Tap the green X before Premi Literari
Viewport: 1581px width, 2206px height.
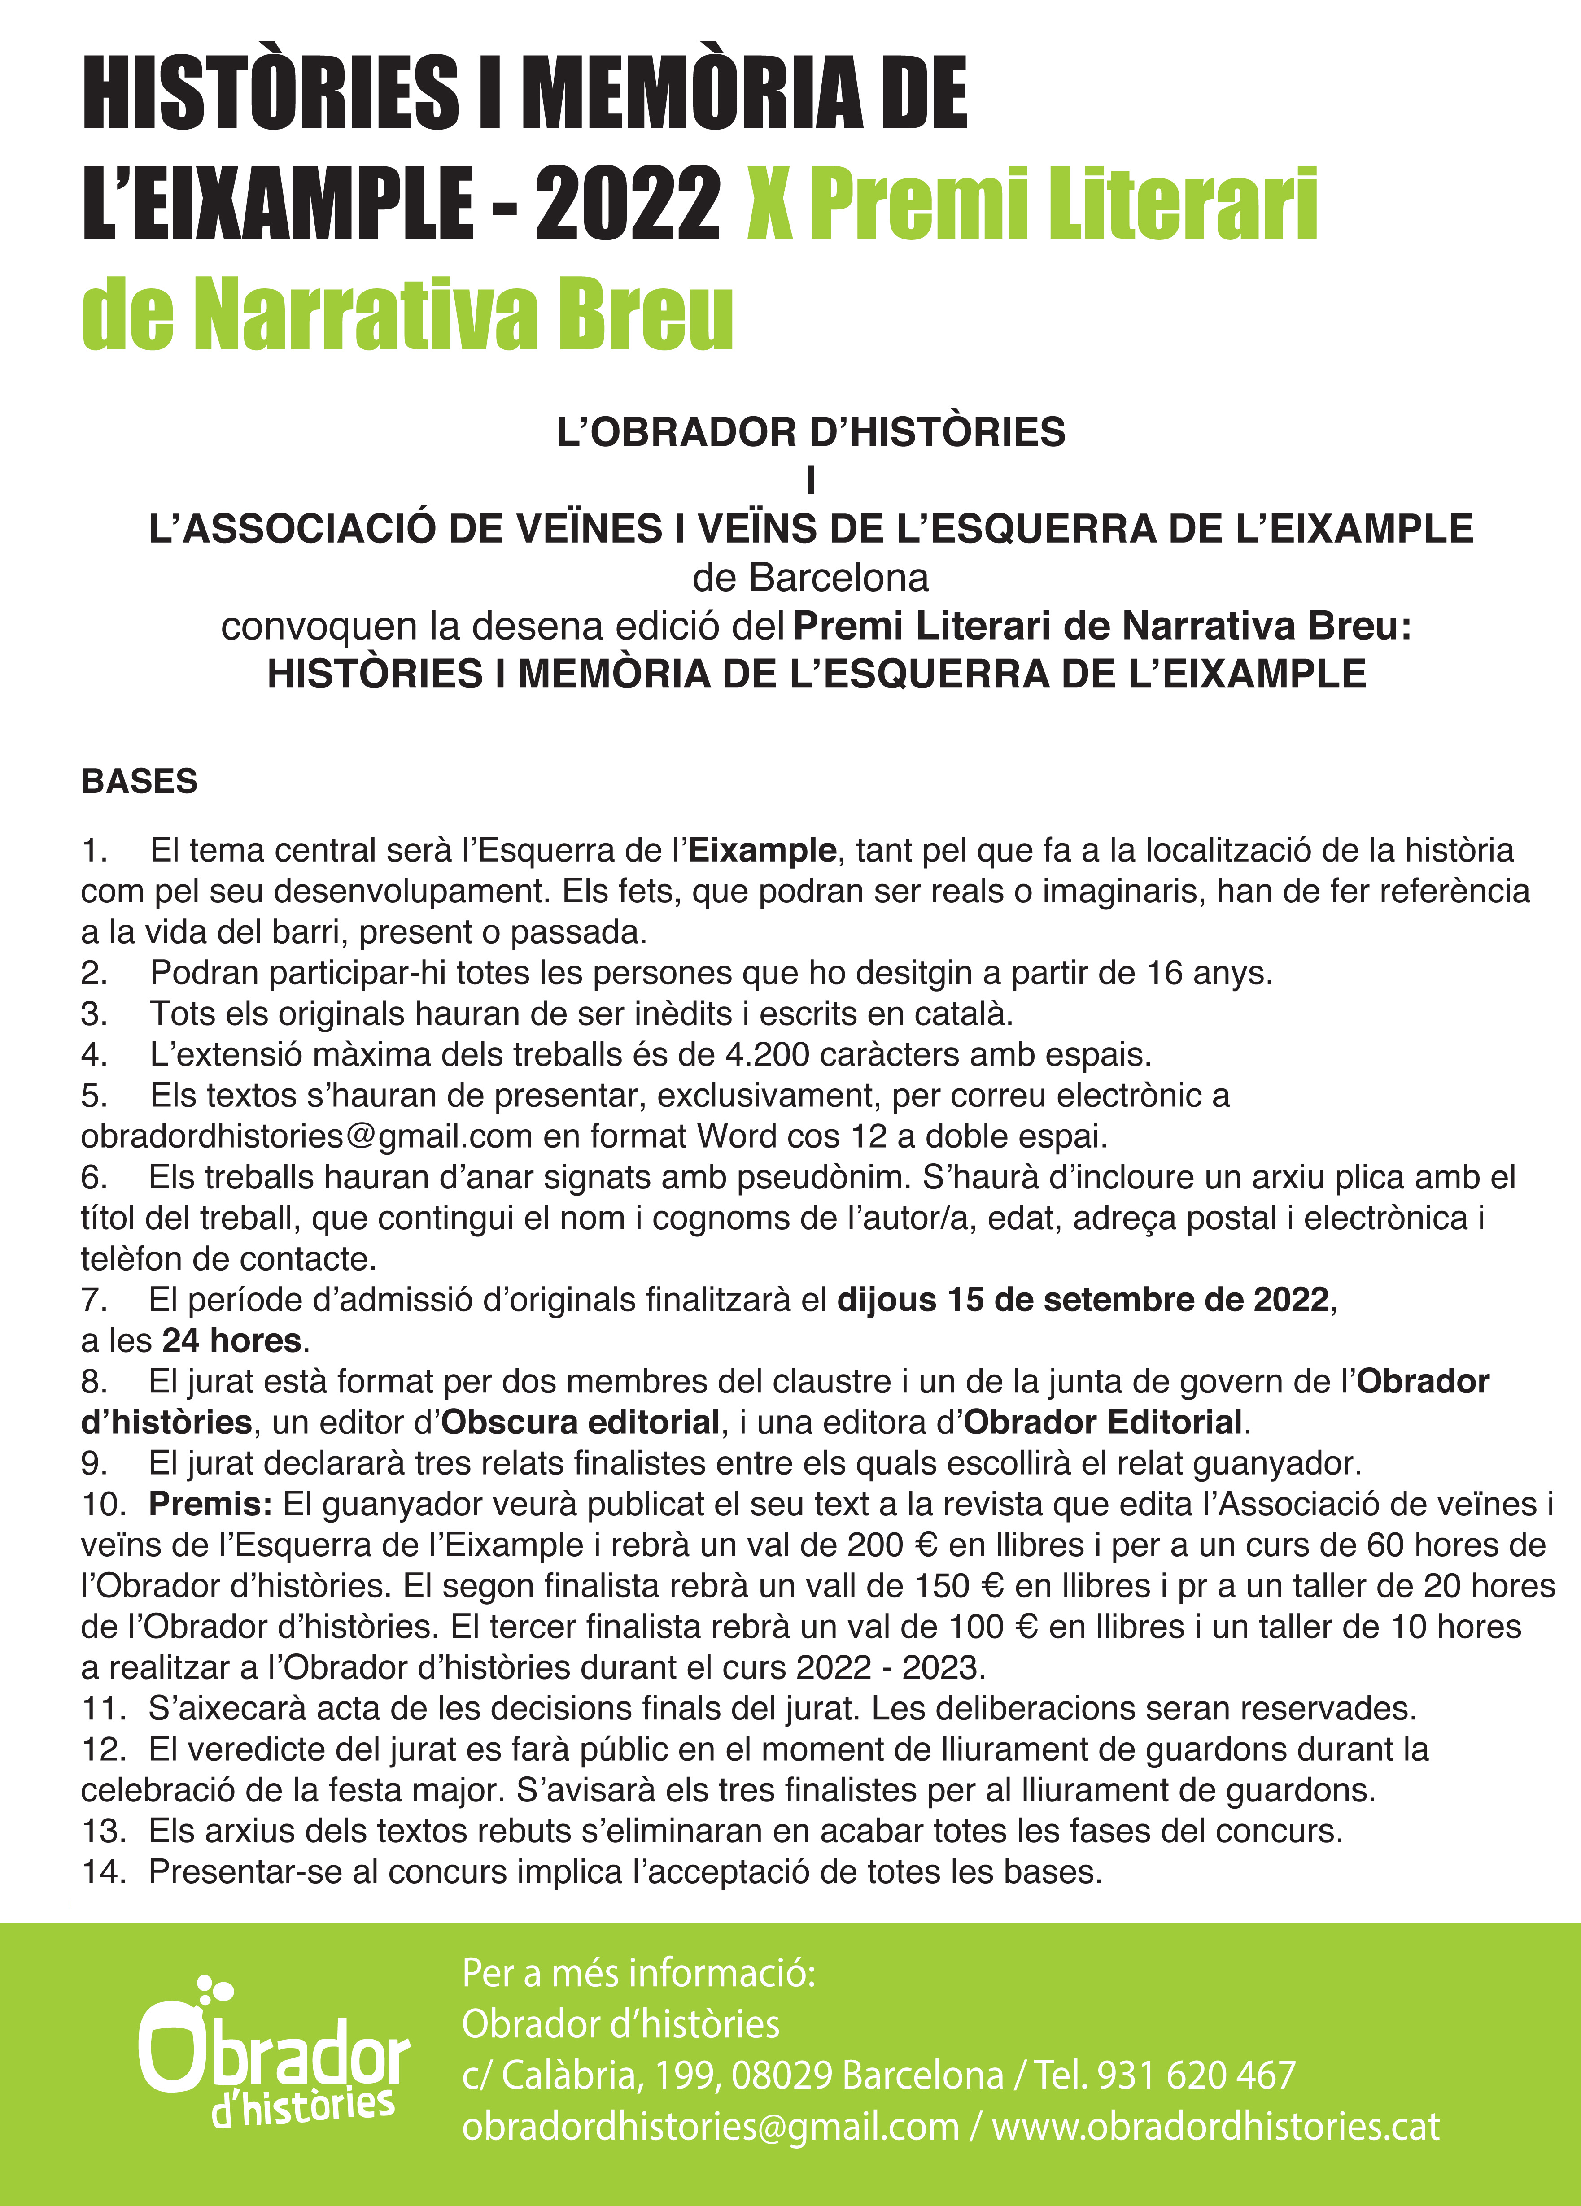(769, 204)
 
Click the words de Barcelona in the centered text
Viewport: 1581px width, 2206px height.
(810, 578)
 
